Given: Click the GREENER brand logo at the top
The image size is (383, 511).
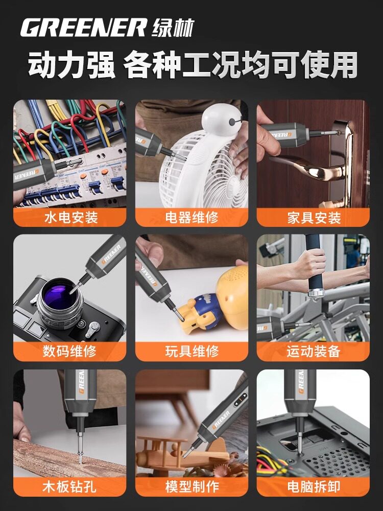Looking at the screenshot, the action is tap(83, 28).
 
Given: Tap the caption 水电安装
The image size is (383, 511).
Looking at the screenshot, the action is tap(71, 217).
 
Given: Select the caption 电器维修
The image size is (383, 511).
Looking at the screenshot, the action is tap(192, 217).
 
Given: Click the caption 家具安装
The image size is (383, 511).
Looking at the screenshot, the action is tap(314, 217).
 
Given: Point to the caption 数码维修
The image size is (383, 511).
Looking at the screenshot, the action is tap(69, 352).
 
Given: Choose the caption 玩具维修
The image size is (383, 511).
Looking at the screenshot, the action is tap(192, 352).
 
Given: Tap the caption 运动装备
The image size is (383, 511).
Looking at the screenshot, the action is tap(314, 352).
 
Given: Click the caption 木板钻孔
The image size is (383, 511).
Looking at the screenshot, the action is tap(69, 486).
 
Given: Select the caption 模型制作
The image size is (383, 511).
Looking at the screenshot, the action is tap(192, 486).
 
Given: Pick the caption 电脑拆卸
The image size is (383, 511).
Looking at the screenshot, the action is tap(314, 486).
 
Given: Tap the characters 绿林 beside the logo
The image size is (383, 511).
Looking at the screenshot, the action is tap(173, 28).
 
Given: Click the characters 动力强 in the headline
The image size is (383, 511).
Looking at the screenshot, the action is tap(71, 65).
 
